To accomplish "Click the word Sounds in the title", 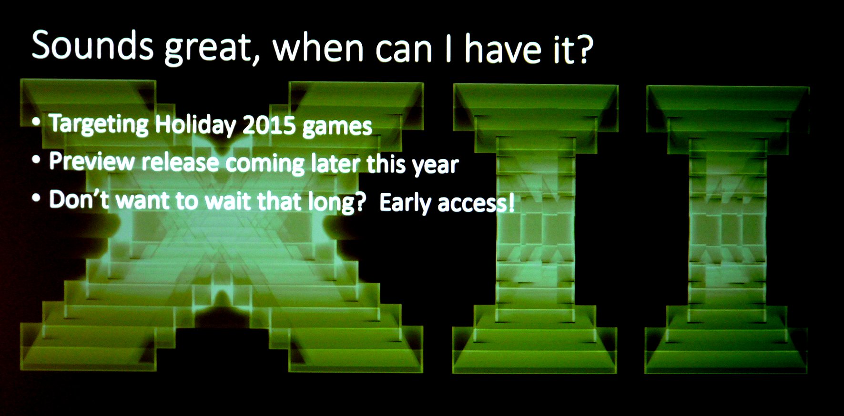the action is [92, 45].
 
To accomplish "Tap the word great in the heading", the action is [207, 49].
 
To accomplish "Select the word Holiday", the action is [195, 125].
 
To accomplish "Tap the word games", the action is [337, 127].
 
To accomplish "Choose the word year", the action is [435, 166].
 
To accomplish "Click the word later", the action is [336, 163].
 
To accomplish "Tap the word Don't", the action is [79, 199].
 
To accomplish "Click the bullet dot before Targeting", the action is [36, 122].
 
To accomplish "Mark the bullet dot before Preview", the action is [36, 160].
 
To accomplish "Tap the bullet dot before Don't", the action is [36, 198].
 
